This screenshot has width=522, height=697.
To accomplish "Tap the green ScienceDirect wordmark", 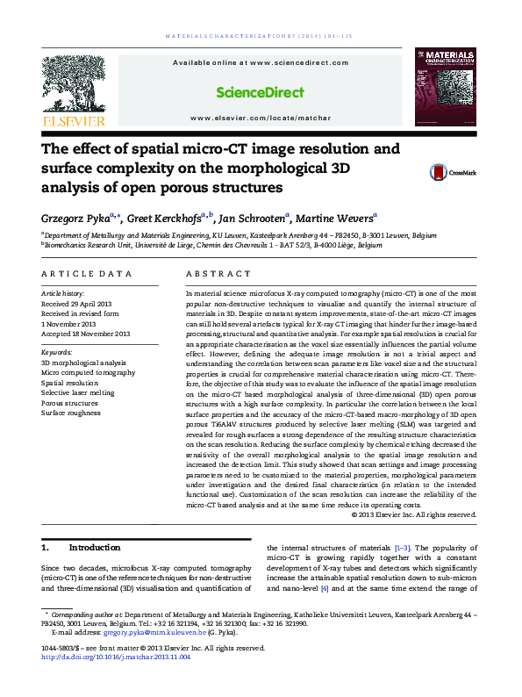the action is click(x=261, y=92).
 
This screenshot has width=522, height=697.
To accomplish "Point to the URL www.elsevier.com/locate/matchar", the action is click(x=261, y=117).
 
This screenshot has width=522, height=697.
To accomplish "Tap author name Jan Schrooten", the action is click(x=251, y=218).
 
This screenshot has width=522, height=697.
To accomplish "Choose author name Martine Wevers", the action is click(x=337, y=218).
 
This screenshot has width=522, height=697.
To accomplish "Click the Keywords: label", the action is click(x=59, y=351).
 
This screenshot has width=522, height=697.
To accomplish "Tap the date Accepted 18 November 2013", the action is click(x=86, y=334).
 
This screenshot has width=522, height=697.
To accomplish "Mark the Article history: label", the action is click(x=64, y=292).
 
